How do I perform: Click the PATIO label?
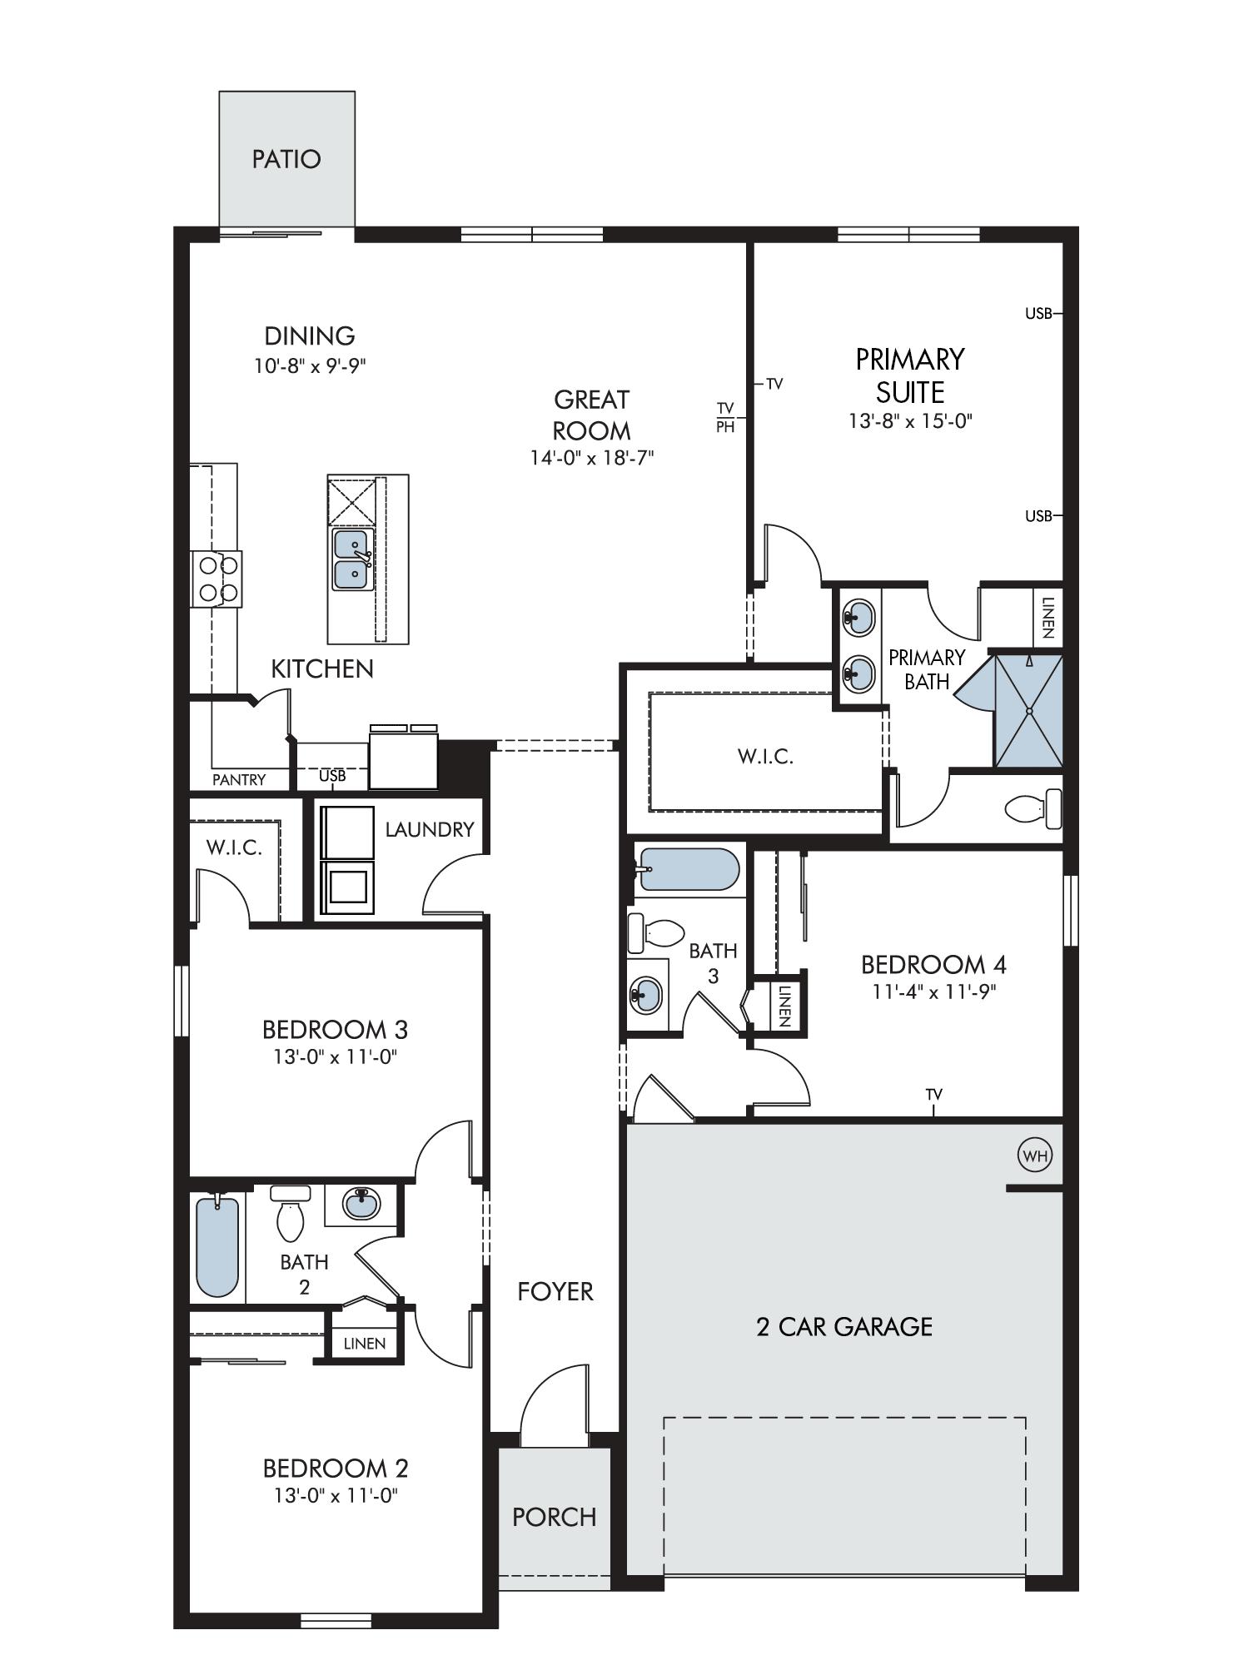[286, 159]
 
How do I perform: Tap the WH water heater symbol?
[1035, 1156]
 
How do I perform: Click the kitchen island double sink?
[352, 559]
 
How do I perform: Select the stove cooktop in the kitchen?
[216, 579]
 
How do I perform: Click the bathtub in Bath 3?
[687, 869]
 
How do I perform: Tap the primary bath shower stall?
[1029, 711]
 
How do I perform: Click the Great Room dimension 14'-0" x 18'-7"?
[592, 458]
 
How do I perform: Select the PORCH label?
[555, 1517]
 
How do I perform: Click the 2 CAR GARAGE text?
[844, 1326]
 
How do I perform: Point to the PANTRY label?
[239, 780]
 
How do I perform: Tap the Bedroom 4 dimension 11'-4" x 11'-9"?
[934, 992]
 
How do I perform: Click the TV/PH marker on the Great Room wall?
[726, 417]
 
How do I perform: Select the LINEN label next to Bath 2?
[365, 1344]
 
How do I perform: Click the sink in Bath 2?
[361, 1204]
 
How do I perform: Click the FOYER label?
[555, 1291]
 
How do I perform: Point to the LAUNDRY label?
[430, 829]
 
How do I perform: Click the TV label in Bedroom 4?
[934, 1094]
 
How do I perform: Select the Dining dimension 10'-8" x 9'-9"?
[311, 365]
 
